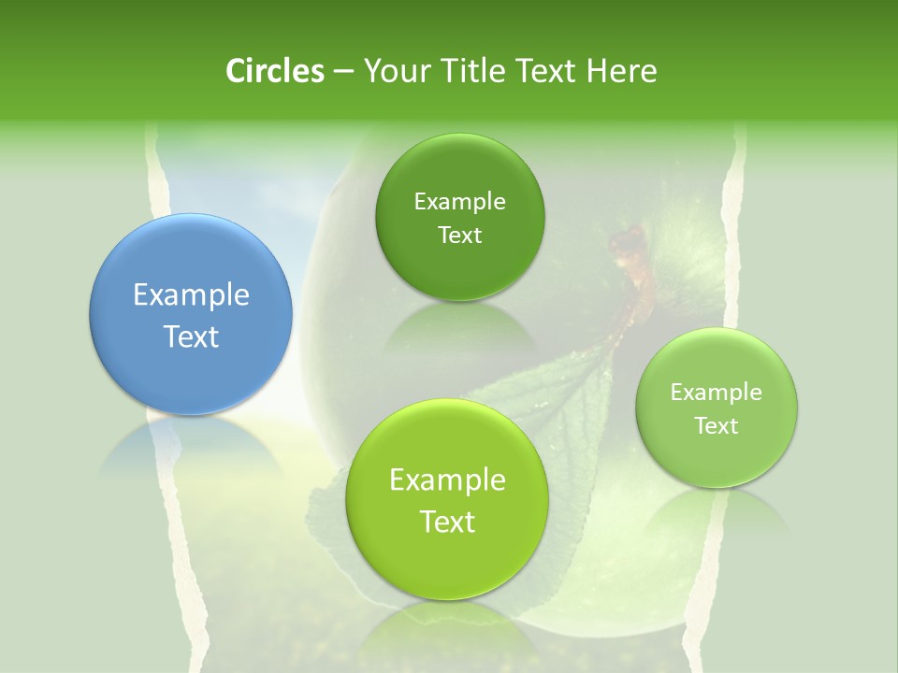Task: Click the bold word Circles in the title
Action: [x=274, y=71]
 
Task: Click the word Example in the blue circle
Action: [x=191, y=295]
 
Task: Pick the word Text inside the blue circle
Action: [x=191, y=336]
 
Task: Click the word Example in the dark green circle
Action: [x=459, y=202]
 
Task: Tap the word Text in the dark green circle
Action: [x=459, y=236]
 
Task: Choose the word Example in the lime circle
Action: [x=447, y=480]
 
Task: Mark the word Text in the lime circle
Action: [x=447, y=522]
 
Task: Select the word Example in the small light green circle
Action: [x=717, y=393]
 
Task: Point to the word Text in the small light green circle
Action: [x=717, y=426]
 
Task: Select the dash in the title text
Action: [x=343, y=71]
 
